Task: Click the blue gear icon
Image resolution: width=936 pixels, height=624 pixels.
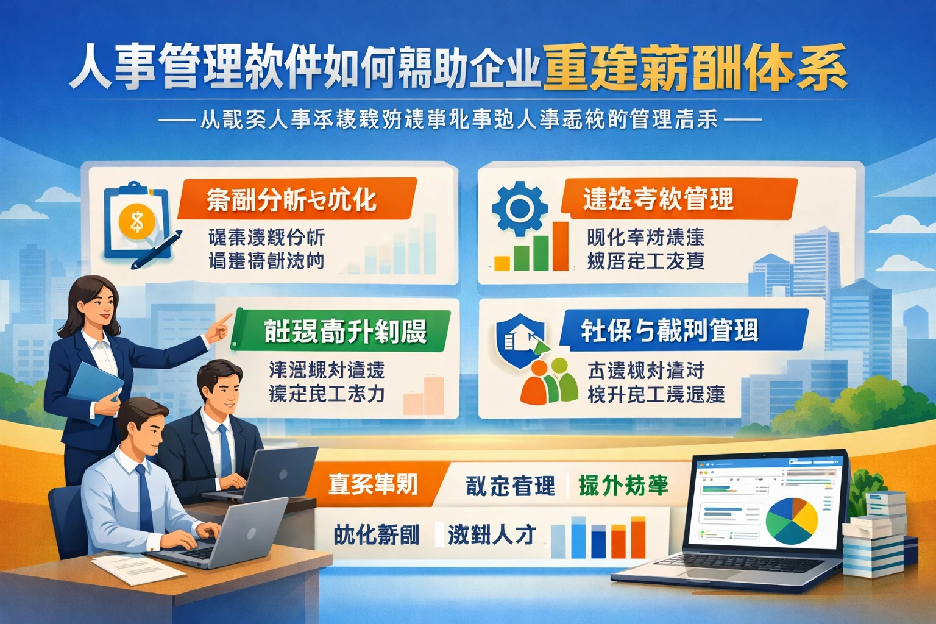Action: (519, 207)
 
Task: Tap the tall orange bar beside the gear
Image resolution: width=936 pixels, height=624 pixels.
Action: (559, 247)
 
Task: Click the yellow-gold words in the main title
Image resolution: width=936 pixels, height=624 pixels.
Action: (695, 68)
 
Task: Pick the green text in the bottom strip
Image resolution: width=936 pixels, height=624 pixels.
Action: (623, 485)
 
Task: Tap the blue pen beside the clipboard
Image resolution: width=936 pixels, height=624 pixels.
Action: (157, 250)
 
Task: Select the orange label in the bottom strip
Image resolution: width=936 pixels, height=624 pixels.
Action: (373, 484)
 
